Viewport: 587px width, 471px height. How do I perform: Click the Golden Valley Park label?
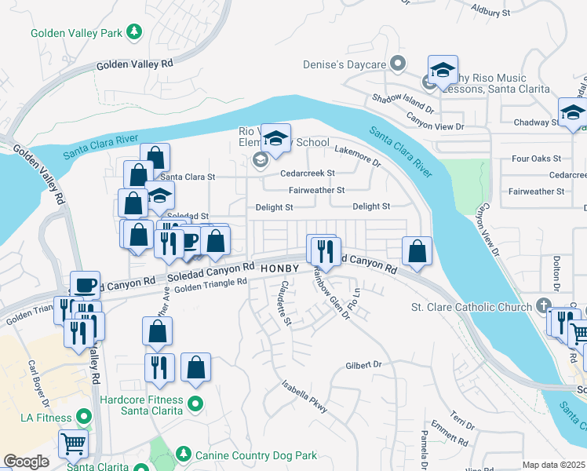click(x=77, y=33)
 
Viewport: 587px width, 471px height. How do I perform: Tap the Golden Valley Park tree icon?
click(x=136, y=31)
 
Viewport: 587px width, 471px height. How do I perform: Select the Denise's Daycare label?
click(x=345, y=64)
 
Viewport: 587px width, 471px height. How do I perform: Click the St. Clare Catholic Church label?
click(x=472, y=306)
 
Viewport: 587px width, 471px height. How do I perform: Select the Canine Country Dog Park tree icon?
click(x=183, y=454)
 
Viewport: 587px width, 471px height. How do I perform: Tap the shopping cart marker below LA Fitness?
click(x=73, y=444)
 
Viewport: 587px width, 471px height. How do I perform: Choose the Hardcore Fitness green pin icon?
click(x=195, y=405)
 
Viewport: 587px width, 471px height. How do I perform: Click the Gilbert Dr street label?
click(x=363, y=365)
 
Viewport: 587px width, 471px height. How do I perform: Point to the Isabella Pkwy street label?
click(x=305, y=396)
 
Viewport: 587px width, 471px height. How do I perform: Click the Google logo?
click(x=26, y=462)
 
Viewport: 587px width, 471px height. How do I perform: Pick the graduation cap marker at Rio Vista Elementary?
click(x=275, y=139)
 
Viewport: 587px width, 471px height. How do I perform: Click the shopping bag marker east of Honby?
click(x=418, y=251)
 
